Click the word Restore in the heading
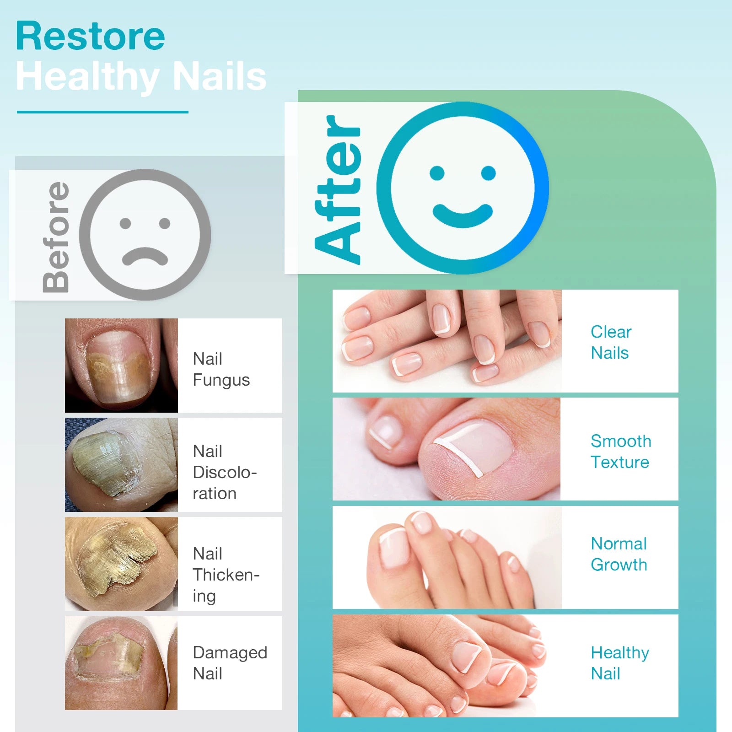(x=90, y=36)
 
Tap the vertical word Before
(x=55, y=237)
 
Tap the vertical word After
(x=338, y=189)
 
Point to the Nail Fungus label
(x=221, y=369)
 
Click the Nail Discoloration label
(x=225, y=472)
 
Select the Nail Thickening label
(x=226, y=575)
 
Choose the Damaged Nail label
(x=230, y=663)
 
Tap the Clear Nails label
(x=611, y=342)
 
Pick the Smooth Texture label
(x=621, y=452)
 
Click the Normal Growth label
(x=619, y=554)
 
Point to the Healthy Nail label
(x=620, y=663)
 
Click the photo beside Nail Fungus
(x=121, y=366)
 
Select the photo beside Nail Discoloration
(x=121, y=465)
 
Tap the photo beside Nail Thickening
(x=121, y=564)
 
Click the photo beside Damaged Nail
(x=121, y=663)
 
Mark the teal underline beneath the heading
(x=102, y=112)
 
